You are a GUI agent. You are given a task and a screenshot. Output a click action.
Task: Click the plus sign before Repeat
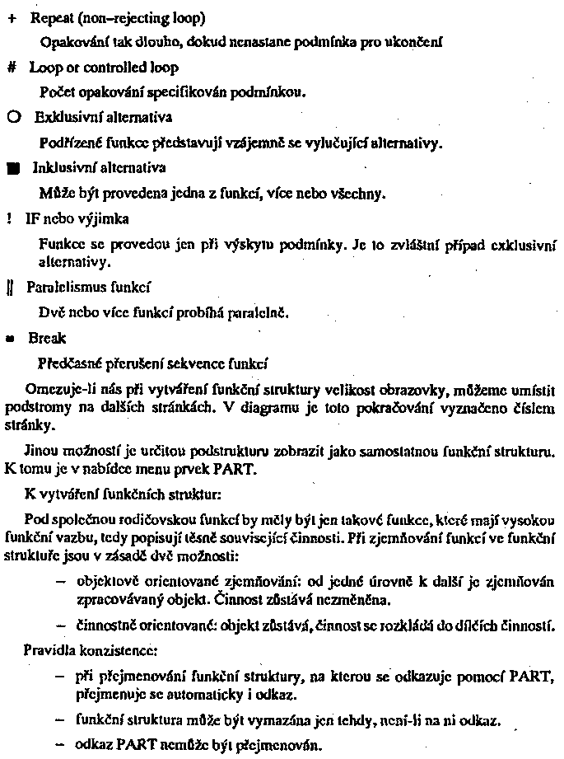tap(12, 17)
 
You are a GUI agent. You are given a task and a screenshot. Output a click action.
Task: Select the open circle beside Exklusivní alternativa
tap(14, 118)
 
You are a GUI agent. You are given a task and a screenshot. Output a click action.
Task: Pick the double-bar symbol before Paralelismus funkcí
tap(11, 288)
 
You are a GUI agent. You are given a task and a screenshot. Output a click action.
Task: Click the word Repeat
tap(53, 17)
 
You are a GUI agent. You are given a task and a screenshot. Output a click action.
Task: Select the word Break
tap(46, 338)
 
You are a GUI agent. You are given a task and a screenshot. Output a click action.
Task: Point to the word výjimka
tap(105, 219)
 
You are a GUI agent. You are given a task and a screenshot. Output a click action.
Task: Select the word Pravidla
tap(49, 649)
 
